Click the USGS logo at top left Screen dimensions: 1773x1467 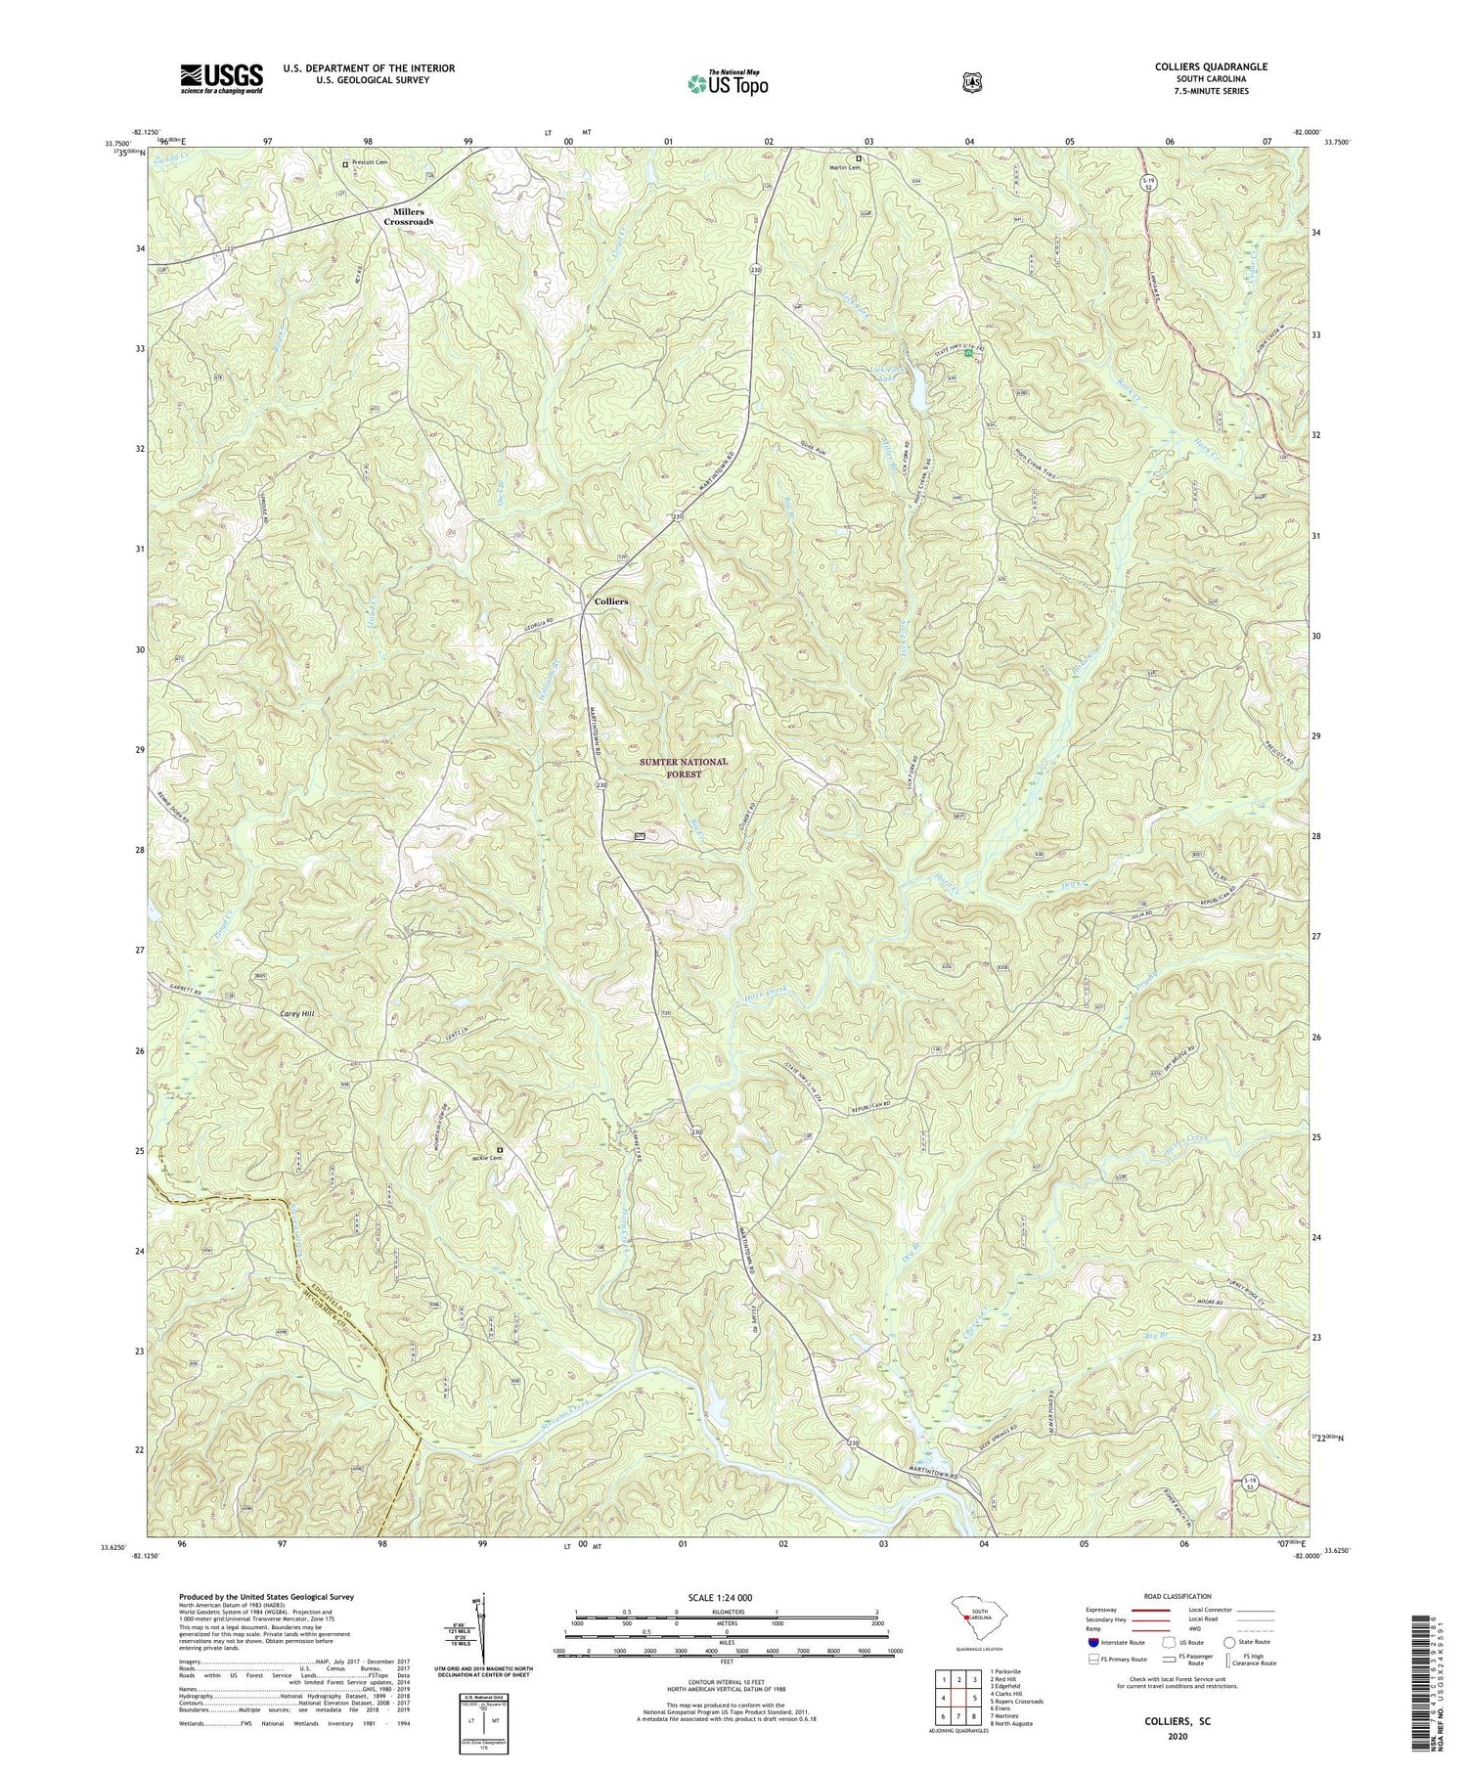click(x=221, y=78)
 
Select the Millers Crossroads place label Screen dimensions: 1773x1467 click(x=408, y=217)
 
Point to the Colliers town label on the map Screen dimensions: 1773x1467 click(x=611, y=601)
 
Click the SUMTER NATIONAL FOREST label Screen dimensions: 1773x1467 click(x=684, y=768)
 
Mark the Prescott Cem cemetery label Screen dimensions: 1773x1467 click(x=369, y=163)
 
